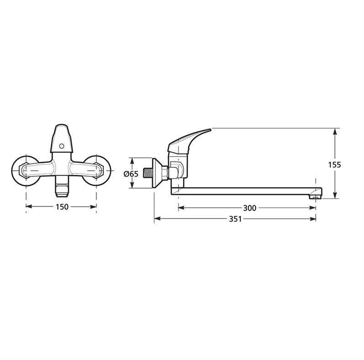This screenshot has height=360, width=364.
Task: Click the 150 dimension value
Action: coord(62,207)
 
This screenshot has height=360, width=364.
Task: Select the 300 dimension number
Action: coord(249,208)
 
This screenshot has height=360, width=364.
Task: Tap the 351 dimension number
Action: coord(235,219)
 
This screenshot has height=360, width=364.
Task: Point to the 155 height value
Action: coord(334,165)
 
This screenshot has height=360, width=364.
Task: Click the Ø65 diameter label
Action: coord(131,174)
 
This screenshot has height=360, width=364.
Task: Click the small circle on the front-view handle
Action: coord(62,146)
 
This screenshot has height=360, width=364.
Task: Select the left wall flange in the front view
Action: coord(24,171)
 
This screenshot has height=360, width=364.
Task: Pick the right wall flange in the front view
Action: coord(98,171)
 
